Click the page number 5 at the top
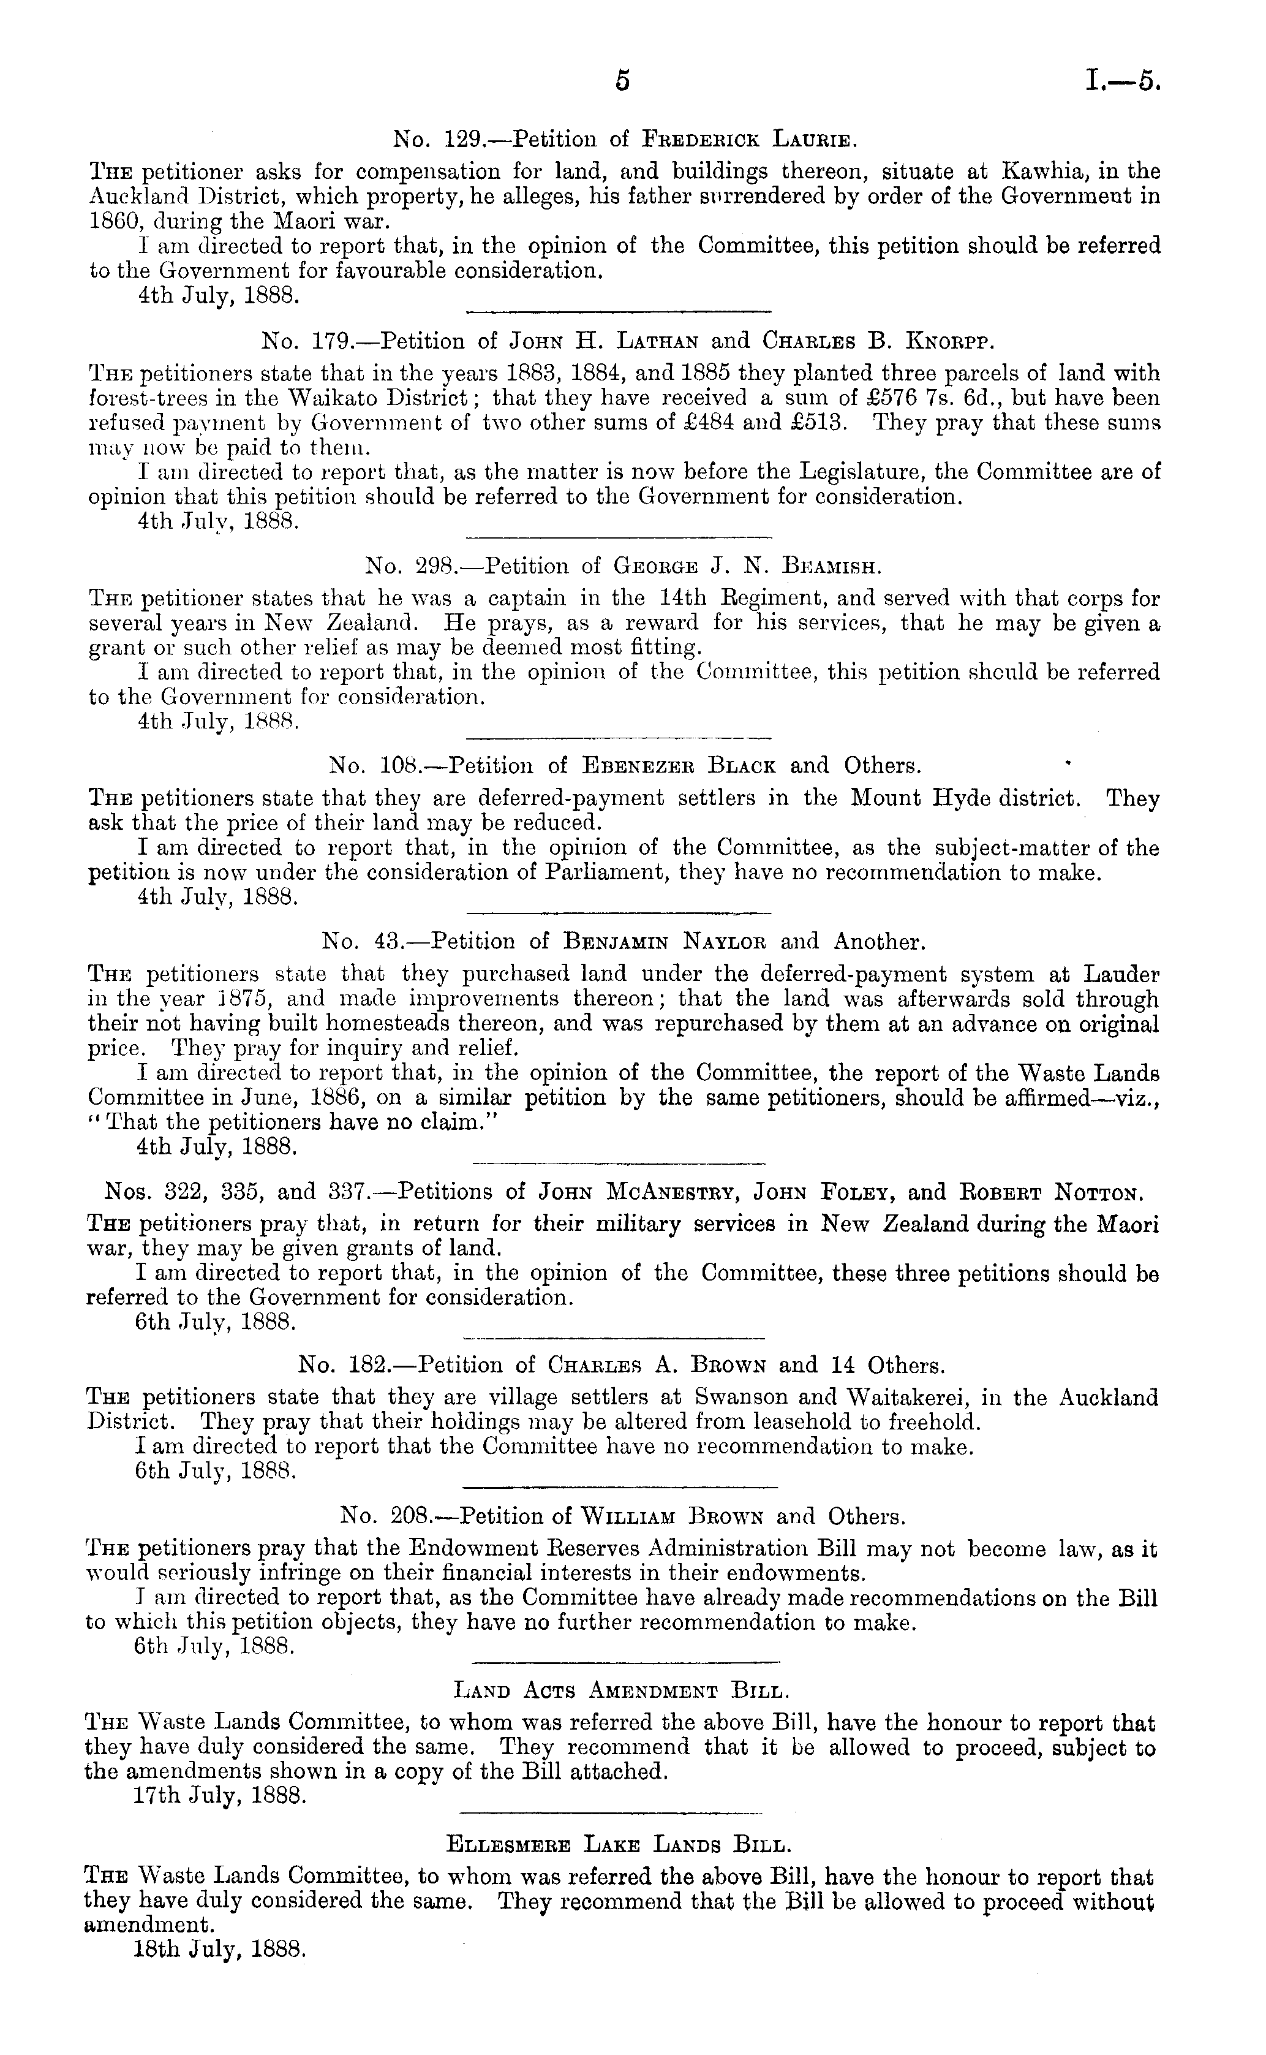click(621, 81)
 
